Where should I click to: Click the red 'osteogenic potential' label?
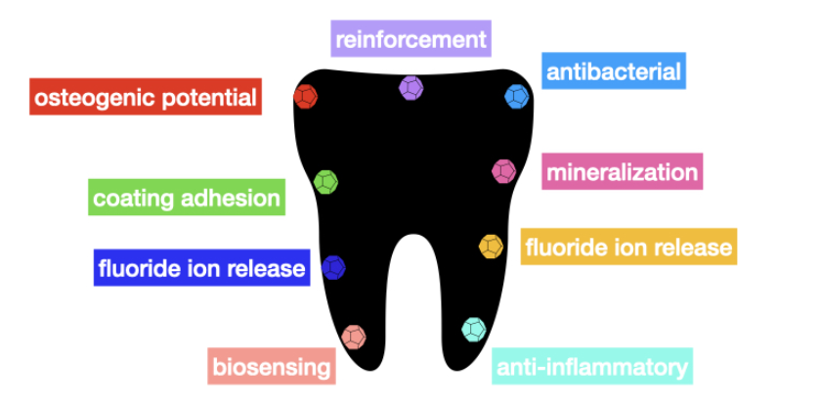coord(146,97)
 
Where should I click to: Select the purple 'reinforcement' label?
coord(410,39)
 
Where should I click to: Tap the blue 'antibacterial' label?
coord(613,71)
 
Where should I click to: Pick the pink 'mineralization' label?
coord(623,173)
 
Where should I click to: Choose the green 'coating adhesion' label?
coord(187,199)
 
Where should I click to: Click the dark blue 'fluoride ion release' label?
coord(201,266)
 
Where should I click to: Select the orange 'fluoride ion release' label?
coord(628,247)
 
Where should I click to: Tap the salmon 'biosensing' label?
coord(273,367)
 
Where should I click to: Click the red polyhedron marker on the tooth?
coord(306,97)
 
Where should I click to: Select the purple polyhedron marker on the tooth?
coord(410,88)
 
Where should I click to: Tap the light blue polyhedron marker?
coord(516,96)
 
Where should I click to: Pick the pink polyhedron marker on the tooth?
coord(503,171)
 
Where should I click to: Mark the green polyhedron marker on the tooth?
coord(325,181)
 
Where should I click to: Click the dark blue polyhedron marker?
coord(333,266)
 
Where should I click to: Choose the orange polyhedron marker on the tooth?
coord(491,246)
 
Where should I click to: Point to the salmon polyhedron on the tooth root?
coord(354,337)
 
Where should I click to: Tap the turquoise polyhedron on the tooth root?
coord(473,329)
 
